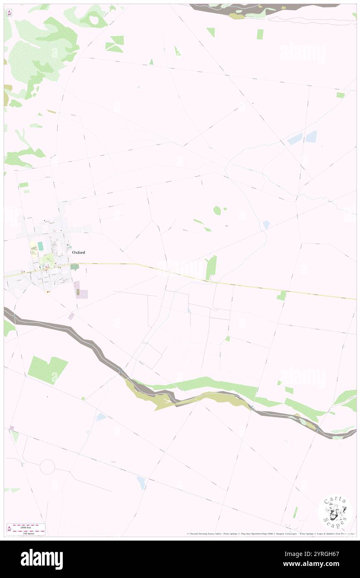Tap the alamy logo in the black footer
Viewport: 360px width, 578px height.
42,559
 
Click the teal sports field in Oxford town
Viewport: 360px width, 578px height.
40,247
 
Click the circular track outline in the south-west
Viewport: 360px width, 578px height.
47,467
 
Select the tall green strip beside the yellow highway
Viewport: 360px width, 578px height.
211,268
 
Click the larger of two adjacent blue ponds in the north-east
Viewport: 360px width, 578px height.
311,136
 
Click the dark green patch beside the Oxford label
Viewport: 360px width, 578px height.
74,267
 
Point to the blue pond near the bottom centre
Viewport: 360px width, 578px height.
142,482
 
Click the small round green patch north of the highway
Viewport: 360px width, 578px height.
217,210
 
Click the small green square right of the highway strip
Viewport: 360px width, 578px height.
281,296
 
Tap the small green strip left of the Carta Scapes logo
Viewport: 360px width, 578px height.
296,512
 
